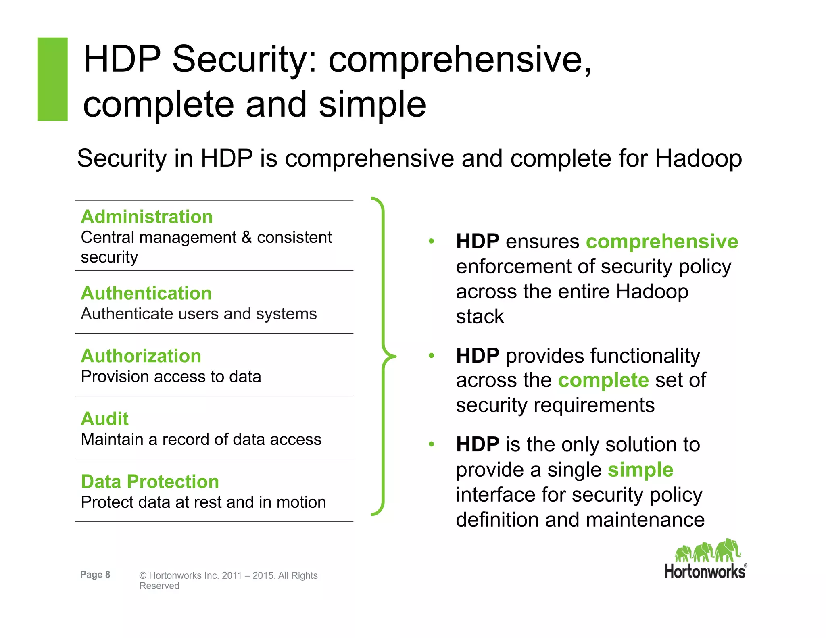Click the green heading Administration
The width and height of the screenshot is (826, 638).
(146, 217)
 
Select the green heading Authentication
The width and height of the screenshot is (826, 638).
(146, 293)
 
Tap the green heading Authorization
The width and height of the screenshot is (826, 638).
(141, 356)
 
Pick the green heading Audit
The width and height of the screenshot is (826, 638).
(104, 419)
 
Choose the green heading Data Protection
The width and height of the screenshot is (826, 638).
(150, 482)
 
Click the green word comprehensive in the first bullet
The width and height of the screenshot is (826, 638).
(662, 242)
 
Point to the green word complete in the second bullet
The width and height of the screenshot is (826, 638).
(603, 380)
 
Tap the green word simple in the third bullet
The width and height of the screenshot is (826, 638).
(640, 470)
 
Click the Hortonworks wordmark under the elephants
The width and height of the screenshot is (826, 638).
(705, 572)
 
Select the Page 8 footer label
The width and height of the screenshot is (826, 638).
(95, 575)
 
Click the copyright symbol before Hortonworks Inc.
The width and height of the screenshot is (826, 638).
(143, 576)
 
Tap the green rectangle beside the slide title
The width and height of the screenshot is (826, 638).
(52, 79)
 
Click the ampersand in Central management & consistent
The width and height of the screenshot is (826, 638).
(246, 238)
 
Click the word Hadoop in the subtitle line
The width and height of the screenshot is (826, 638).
(698, 158)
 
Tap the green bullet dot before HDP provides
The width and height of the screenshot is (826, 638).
(431, 356)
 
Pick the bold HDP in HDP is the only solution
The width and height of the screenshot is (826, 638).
(478, 445)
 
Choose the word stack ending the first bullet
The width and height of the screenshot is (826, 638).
(480, 317)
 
